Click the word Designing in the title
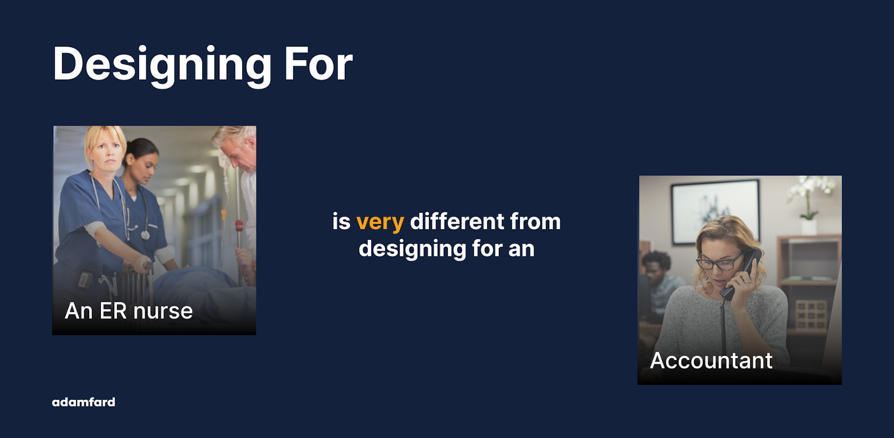point(162,65)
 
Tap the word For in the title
point(319,64)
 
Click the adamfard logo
point(83,402)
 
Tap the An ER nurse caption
point(129,311)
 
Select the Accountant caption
point(711,360)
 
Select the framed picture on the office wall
point(715,212)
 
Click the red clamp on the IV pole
point(239,225)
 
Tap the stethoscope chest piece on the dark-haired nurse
point(145,235)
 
